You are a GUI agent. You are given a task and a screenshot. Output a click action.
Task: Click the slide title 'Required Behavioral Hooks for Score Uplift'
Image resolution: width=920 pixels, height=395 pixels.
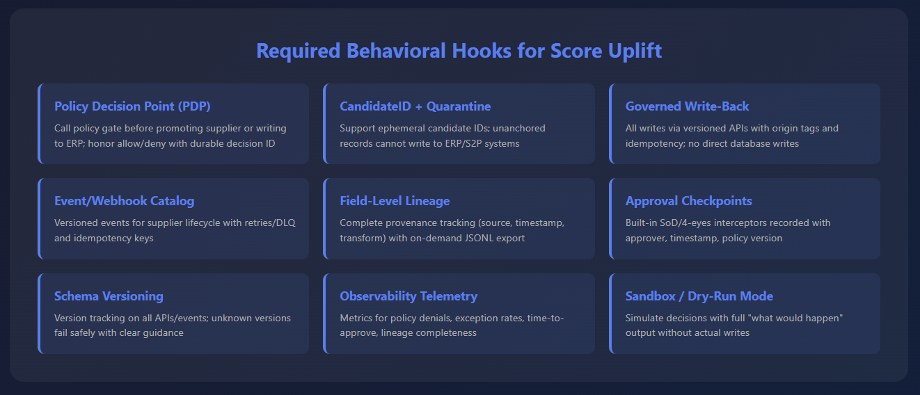point(459,51)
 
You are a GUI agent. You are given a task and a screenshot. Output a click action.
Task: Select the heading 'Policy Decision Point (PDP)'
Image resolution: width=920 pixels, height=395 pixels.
point(132,106)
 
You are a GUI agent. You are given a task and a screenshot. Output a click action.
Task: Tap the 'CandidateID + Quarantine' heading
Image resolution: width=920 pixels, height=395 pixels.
point(415,106)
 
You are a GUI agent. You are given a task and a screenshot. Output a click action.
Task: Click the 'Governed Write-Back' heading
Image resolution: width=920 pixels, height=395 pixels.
point(687,106)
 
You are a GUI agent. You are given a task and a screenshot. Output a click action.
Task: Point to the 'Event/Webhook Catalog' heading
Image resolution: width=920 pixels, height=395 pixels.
point(124,201)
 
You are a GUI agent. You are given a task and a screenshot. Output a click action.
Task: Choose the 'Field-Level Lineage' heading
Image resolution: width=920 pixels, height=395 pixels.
point(395,201)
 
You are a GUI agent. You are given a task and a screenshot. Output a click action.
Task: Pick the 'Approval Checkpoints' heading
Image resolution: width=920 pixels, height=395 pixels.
point(689,201)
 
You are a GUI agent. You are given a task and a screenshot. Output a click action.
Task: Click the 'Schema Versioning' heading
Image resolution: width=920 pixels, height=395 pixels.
point(109,296)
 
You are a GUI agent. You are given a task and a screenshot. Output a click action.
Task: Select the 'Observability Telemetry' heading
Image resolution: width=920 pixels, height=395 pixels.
point(409,296)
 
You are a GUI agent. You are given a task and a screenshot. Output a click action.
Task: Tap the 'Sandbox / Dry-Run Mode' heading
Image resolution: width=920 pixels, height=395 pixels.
point(699,296)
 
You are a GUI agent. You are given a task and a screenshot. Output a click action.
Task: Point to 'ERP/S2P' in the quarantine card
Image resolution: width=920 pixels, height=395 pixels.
point(456,144)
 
